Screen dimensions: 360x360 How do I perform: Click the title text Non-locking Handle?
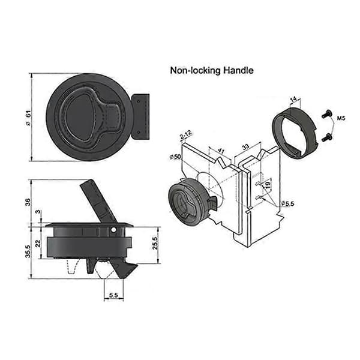212,70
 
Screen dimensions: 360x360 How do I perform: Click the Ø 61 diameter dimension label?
28,118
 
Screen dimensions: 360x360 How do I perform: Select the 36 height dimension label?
28,202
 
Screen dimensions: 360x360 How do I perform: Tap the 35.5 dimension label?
28,251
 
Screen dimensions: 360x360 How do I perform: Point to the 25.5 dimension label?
155,243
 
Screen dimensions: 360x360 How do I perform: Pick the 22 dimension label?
38,243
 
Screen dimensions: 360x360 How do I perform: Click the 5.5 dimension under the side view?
113,295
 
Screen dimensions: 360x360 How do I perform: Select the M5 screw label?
341,118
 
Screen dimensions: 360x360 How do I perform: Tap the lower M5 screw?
326,137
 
